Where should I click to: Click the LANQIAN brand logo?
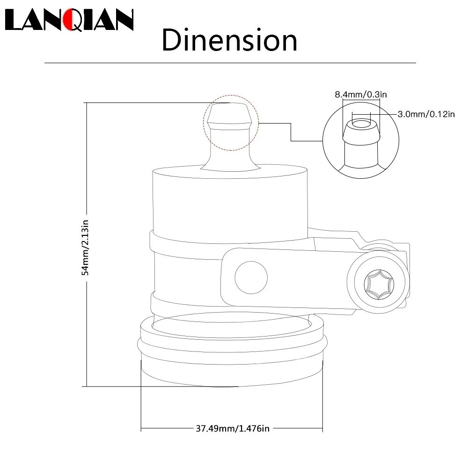(69, 20)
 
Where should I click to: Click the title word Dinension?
(229, 40)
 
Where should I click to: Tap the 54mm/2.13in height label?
(85, 248)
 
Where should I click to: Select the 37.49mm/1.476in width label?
(233, 429)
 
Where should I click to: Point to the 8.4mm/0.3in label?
(360, 95)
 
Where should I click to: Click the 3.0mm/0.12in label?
(426, 114)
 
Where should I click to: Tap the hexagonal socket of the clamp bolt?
(379, 285)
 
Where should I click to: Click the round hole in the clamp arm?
(251, 278)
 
